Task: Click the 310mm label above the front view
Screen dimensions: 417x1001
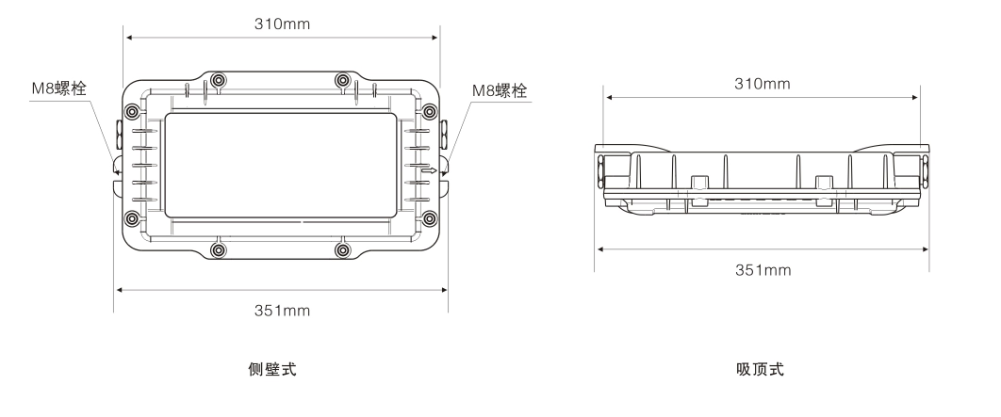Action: click(x=281, y=22)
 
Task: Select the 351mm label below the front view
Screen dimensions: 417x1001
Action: click(x=281, y=310)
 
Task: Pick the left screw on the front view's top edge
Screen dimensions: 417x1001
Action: click(x=219, y=79)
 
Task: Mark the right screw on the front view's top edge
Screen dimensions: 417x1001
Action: click(x=343, y=79)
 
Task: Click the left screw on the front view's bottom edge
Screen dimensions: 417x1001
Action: click(x=219, y=250)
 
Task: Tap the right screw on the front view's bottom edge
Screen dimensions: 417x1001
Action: click(x=343, y=250)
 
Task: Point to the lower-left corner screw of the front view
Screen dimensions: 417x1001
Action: click(x=132, y=219)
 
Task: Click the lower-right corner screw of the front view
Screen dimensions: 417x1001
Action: click(x=430, y=219)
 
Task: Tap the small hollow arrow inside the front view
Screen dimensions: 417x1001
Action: click(x=429, y=171)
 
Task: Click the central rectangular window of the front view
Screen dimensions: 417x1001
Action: click(x=281, y=165)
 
